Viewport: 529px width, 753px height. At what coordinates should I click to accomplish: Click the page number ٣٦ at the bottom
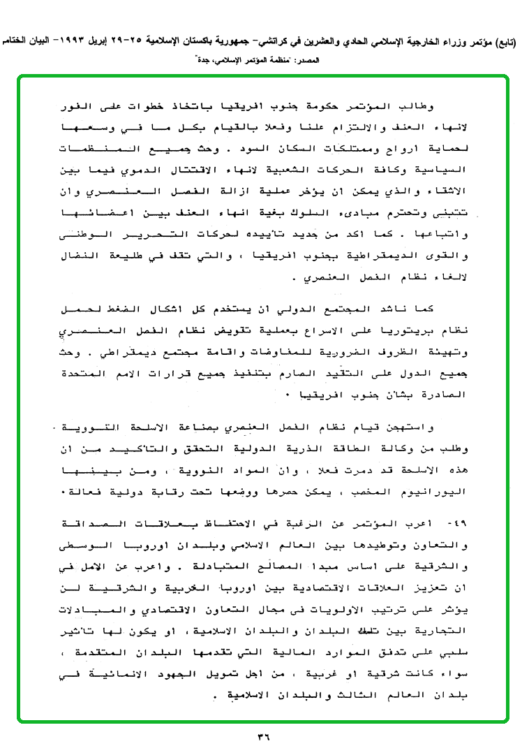(264, 736)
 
